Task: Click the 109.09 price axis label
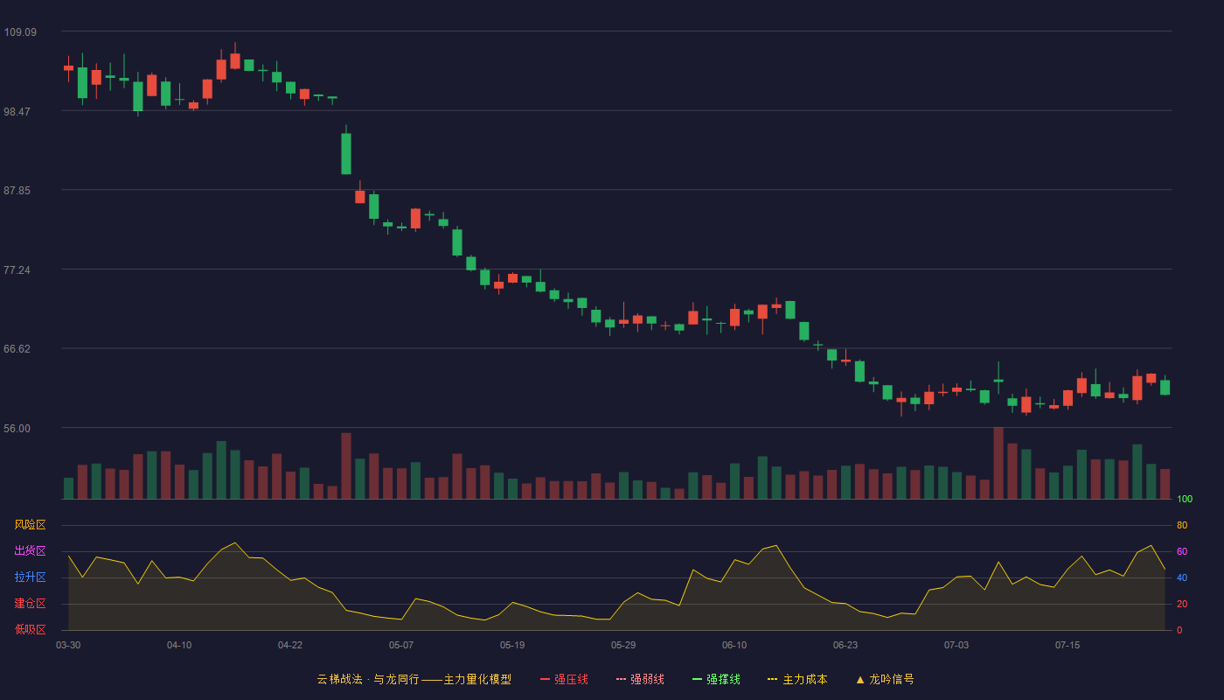click(x=20, y=32)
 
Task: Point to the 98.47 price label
click(x=17, y=112)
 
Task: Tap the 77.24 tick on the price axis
click(x=17, y=270)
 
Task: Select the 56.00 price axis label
click(x=17, y=428)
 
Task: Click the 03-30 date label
click(x=68, y=646)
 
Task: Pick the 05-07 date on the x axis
click(x=401, y=646)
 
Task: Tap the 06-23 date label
click(x=845, y=646)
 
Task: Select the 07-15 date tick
click(x=1068, y=646)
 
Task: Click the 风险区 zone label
click(x=30, y=525)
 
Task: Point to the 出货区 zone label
click(x=30, y=550)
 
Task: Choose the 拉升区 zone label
click(x=30, y=577)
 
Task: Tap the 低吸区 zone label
click(x=30, y=629)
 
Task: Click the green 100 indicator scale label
click(x=1185, y=499)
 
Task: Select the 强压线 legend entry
click(x=564, y=679)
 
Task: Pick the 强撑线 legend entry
click(x=716, y=679)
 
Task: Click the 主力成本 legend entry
click(x=797, y=679)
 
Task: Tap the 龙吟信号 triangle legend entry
click(x=885, y=679)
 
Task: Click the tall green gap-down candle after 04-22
click(x=346, y=154)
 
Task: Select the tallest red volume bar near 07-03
click(x=998, y=463)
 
